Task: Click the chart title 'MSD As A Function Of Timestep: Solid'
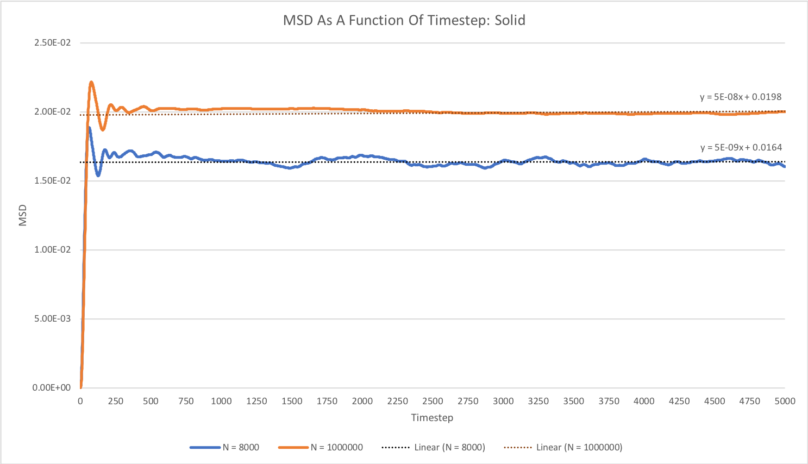pyautogui.click(x=404, y=21)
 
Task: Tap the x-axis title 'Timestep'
pyautogui.click(x=432, y=418)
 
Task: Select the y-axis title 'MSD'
pyautogui.click(x=23, y=215)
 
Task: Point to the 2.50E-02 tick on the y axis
pyautogui.click(x=52, y=43)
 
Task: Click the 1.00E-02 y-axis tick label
pyautogui.click(x=52, y=250)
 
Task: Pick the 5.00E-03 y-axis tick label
pyautogui.click(x=52, y=319)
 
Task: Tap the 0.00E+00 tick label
pyautogui.click(x=52, y=388)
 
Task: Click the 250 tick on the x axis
pyautogui.click(x=116, y=402)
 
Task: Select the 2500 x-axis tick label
pyautogui.click(x=433, y=402)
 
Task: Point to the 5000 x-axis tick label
pyautogui.click(x=785, y=402)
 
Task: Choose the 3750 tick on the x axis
pyautogui.click(x=609, y=402)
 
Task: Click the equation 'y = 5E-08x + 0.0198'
pyautogui.click(x=741, y=97)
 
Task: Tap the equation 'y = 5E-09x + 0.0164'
pyautogui.click(x=741, y=148)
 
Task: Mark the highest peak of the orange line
pyautogui.click(x=91, y=82)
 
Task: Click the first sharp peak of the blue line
pyautogui.click(x=89, y=128)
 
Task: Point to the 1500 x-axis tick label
pyautogui.click(x=292, y=402)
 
